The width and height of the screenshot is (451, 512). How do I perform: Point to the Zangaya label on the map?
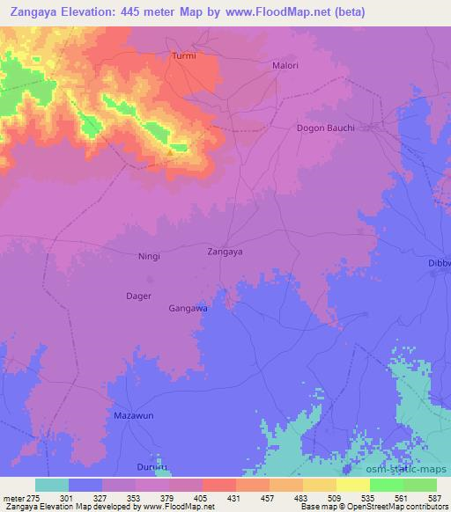pos(225,251)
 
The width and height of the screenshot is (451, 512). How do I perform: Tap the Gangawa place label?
pos(188,309)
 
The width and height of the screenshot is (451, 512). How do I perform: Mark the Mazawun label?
pos(135,413)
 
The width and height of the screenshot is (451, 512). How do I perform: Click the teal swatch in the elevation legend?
pos(52,485)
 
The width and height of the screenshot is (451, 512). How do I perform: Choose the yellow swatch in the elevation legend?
pos(353,485)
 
